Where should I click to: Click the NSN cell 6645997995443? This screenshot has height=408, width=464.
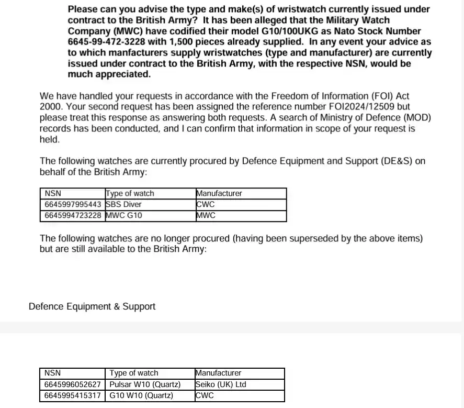coord(73,204)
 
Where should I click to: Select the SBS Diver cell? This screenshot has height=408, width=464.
coord(124,204)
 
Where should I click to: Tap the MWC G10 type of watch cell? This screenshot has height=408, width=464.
coord(124,215)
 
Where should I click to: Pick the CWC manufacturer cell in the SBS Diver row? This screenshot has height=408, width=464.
coord(205,204)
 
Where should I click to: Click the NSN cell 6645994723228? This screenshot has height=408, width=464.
coord(73,215)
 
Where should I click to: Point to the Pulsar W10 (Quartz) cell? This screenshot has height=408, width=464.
coord(145,384)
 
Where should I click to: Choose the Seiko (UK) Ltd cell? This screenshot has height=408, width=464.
coord(220,384)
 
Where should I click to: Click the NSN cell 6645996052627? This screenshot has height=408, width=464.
coord(73,384)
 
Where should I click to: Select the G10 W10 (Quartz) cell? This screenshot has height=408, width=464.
coord(141,395)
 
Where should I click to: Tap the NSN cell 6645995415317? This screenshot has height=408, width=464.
coord(73,395)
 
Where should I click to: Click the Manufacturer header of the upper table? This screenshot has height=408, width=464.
coord(219,193)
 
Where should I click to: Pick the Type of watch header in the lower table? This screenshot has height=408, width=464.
coord(134,373)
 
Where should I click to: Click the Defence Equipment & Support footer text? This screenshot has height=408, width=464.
coord(92,306)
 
